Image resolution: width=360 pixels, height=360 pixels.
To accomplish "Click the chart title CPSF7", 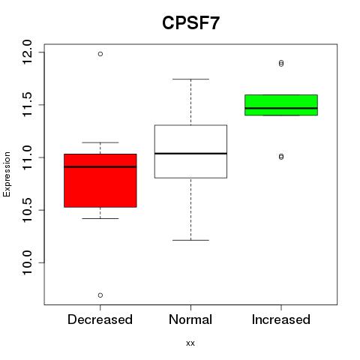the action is tap(190, 23).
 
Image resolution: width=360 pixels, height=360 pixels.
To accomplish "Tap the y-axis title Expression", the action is tap(7, 174).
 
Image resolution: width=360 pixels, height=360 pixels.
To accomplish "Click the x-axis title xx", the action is tap(190, 343).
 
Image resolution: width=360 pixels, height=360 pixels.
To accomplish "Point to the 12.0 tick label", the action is tap(27, 52).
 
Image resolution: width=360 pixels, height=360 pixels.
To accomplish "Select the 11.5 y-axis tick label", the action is tap(27, 104).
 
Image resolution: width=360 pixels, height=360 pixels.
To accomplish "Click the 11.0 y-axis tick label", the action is tap(27, 157).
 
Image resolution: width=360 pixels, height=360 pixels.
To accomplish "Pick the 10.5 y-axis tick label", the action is tap(27, 210).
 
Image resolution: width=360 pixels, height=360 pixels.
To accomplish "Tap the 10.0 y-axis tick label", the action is tap(27, 262).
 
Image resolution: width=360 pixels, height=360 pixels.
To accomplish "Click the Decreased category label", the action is tap(100, 319).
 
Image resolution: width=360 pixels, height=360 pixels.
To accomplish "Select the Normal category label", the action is tap(190, 319).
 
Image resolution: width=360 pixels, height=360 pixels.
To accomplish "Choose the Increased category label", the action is tap(281, 319).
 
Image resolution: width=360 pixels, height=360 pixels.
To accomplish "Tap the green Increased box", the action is tap(281, 105).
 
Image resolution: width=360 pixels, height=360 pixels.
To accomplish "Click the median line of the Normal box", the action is tap(190, 153).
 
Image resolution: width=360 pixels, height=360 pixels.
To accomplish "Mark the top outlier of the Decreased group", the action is tap(100, 54).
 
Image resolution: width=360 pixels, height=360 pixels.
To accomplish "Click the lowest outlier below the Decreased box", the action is tap(100, 295).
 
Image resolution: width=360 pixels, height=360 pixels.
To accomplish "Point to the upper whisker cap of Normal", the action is tap(190, 79).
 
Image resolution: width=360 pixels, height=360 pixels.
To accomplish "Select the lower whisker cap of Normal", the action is tap(190, 240).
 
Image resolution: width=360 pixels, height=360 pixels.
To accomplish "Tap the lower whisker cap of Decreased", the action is tap(100, 218).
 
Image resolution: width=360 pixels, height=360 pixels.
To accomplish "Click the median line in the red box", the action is tap(100, 166).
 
